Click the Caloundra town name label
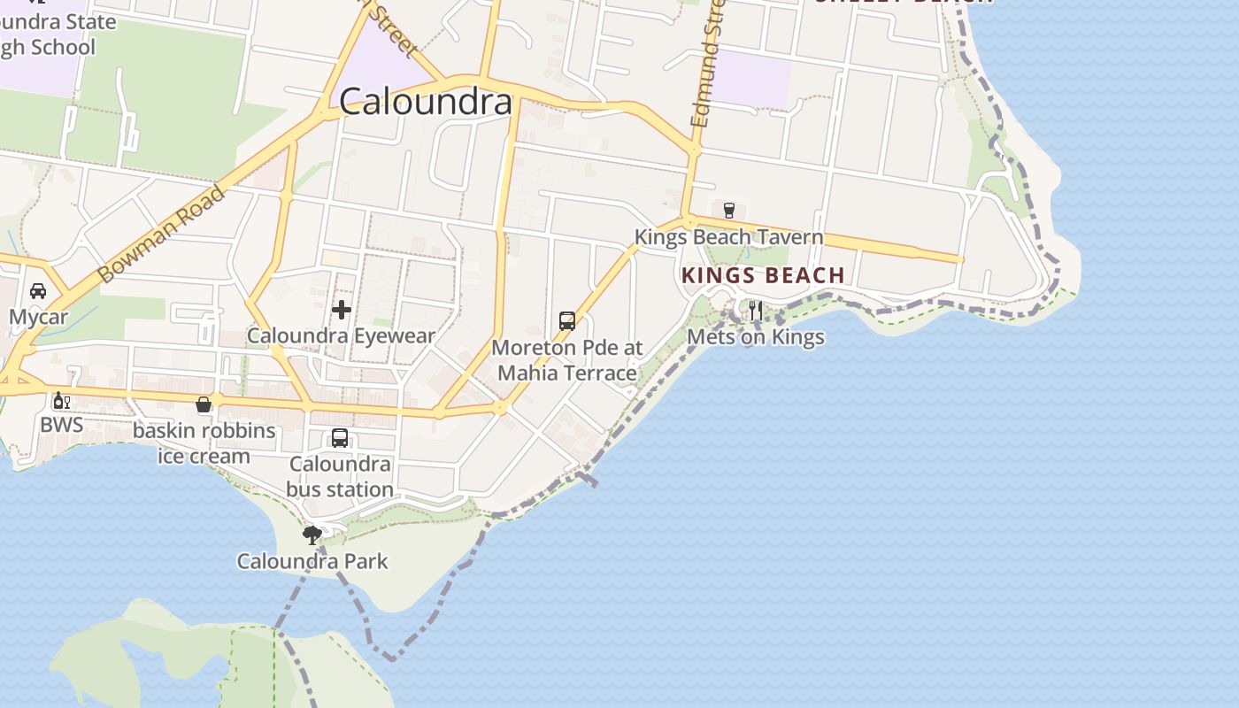click(x=426, y=102)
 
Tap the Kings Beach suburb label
click(x=763, y=275)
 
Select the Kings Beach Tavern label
click(x=728, y=237)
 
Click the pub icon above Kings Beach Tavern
click(x=729, y=210)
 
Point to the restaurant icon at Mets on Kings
click(x=756, y=310)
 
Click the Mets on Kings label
click(x=756, y=337)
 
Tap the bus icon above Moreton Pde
click(x=567, y=320)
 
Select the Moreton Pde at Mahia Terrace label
click(x=567, y=360)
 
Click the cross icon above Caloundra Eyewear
click(x=342, y=309)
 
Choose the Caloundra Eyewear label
click(x=342, y=336)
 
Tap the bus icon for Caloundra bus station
click(x=340, y=437)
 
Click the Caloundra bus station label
click(x=340, y=477)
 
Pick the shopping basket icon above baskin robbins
click(x=204, y=404)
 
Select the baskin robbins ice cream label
click(x=204, y=444)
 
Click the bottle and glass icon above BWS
click(x=61, y=401)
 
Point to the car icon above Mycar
click(x=38, y=290)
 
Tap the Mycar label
click(x=38, y=317)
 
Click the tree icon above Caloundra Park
click(x=312, y=535)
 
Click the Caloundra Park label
click(x=312, y=561)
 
